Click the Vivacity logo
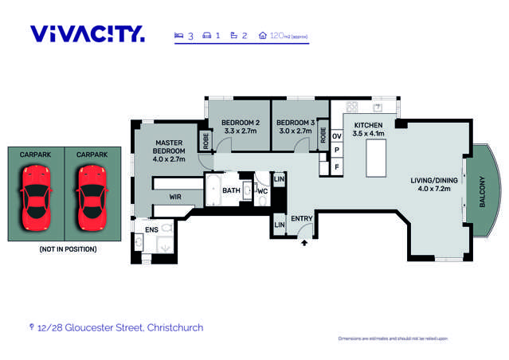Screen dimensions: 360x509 [x=88, y=33]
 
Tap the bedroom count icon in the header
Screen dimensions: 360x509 [x=178, y=36]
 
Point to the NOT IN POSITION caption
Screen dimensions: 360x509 [x=68, y=249]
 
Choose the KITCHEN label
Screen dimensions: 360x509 [x=369, y=130]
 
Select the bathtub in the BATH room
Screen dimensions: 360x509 [x=213, y=191]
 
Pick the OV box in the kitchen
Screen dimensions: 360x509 [x=337, y=136]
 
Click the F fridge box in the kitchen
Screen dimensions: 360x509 [x=337, y=166]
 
